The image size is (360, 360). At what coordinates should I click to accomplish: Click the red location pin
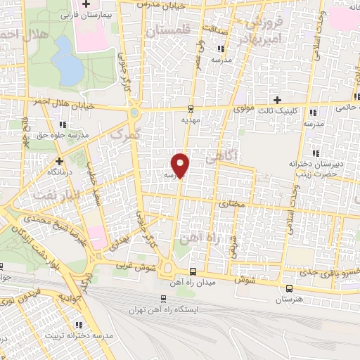click(181, 164)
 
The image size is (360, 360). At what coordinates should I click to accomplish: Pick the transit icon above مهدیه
click(191, 108)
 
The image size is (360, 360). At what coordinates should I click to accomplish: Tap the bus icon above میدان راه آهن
click(193, 271)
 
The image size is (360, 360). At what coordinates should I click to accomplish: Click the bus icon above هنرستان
click(290, 288)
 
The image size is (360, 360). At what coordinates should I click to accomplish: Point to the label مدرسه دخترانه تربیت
click(79, 336)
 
